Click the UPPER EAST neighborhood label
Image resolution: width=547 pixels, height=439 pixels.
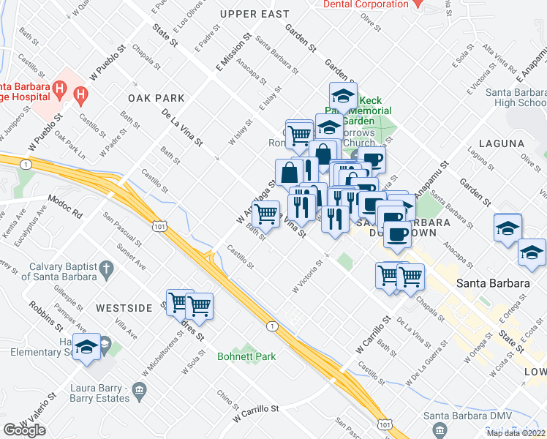(254, 14)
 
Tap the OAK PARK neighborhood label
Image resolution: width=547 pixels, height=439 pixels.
(156, 97)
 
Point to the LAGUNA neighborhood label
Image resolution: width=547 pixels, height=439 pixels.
(502, 143)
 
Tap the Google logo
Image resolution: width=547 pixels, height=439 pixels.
(24, 430)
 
